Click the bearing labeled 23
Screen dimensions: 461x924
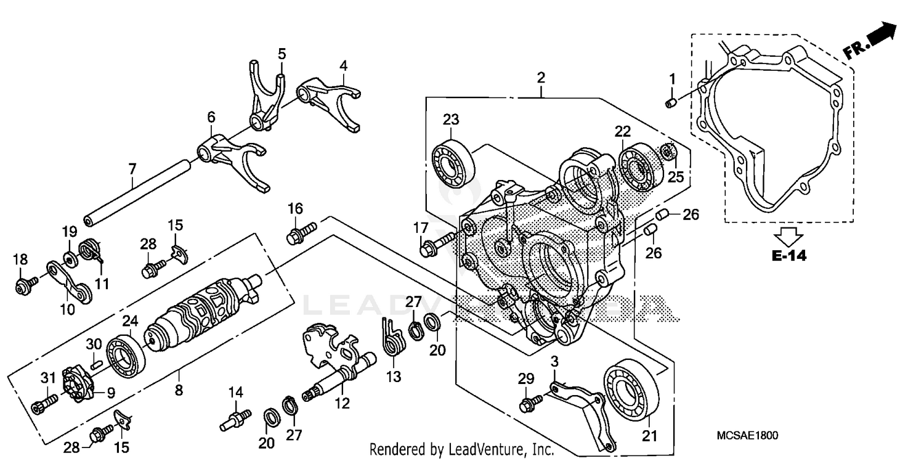455,161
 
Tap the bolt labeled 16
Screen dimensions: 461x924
299,234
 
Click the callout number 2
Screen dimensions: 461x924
540,78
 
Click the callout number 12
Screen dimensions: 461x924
342,404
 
